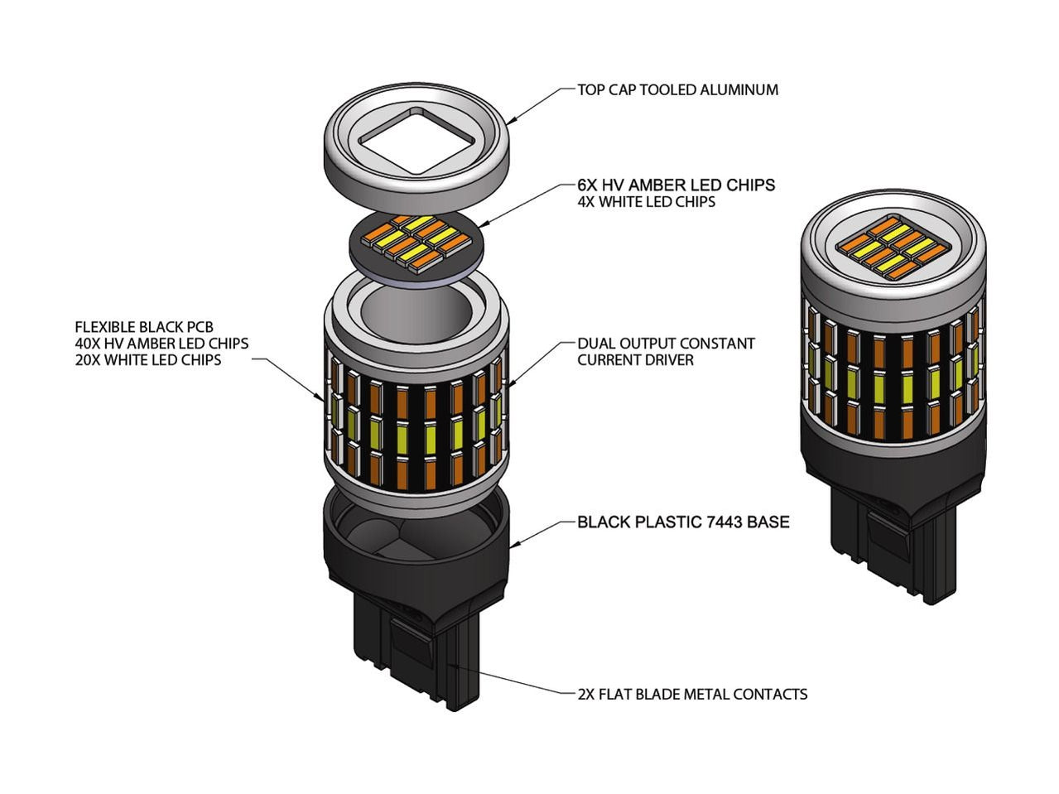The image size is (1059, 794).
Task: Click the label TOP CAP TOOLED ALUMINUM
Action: click(678, 89)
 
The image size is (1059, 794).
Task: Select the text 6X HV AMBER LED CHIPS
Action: click(676, 185)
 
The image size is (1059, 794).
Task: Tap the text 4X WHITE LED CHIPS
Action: click(646, 201)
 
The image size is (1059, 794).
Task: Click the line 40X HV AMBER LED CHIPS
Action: click(161, 343)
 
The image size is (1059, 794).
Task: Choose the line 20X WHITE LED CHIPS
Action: click(148, 359)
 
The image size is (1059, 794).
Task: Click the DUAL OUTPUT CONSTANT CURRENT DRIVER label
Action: click(666, 351)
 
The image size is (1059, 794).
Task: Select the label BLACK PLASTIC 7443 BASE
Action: click(683, 522)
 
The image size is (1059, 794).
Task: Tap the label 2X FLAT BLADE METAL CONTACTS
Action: click(692, 694)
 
